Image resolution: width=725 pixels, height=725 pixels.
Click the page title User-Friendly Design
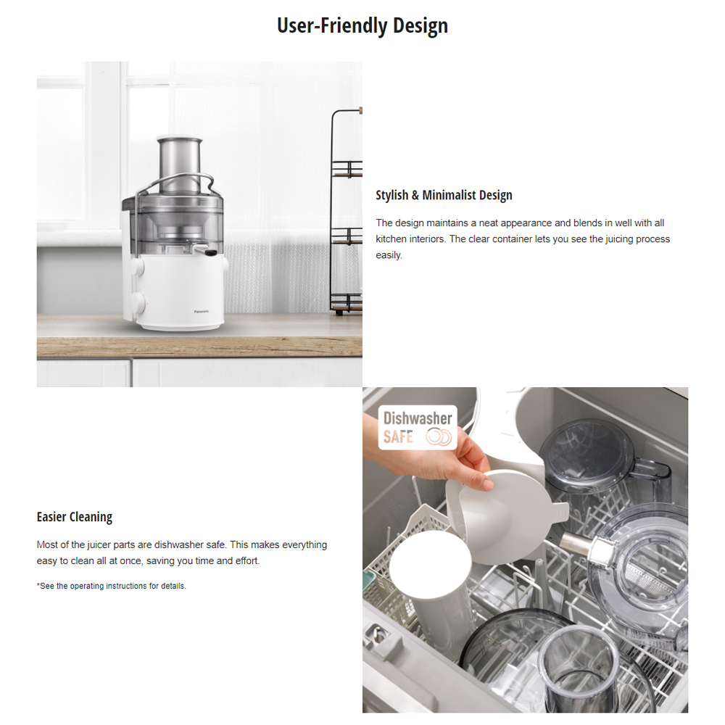click(x=362, y=26)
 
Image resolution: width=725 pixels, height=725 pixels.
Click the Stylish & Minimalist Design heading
click(x=444, y=195)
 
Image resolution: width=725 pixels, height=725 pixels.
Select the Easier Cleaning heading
click(x=75, y=517)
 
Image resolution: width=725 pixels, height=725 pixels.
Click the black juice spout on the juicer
click(x=211, y=253)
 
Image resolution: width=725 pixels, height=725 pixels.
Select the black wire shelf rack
click(x=346, y=210)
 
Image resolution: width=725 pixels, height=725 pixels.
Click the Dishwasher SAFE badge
click(x=418, y=428)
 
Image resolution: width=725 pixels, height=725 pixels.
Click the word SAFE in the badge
click(x=399, y=437)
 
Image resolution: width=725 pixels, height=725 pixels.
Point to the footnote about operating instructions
click(x=112, y=586)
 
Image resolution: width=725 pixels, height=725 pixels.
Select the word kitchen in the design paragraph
click(x=391, y=239)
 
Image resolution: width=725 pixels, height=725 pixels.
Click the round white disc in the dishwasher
click(x=430, y=566)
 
